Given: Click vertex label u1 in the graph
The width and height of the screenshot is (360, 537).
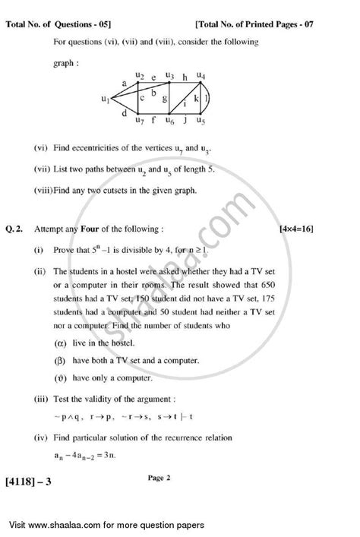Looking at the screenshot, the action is [107, 99].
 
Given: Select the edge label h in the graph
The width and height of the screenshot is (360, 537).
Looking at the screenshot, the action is [185, 77].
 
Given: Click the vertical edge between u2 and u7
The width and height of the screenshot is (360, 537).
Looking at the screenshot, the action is [137, 98].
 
